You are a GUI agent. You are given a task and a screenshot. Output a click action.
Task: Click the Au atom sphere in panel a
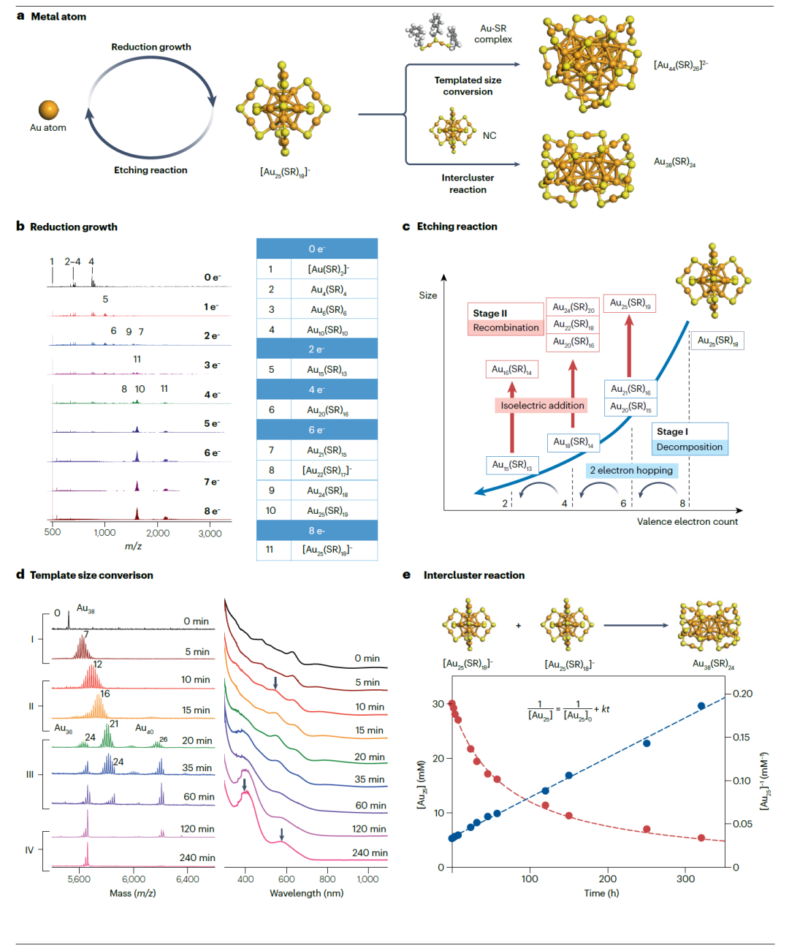[x=49, y=110]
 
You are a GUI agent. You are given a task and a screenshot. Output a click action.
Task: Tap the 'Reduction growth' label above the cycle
[x=151, y=47]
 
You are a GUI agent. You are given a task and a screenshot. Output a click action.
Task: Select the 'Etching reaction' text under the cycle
[x=150, y=170]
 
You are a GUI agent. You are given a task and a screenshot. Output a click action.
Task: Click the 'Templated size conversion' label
[x=468, y=86]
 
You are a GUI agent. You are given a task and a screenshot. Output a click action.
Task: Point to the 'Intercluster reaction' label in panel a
[x=468, y=183]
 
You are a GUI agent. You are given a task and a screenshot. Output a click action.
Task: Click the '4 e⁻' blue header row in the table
[x=317, y=390]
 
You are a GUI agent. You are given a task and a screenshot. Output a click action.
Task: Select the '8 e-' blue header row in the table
[x=317, y=531]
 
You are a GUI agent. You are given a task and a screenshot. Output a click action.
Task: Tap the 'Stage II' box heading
[x=489, y=313]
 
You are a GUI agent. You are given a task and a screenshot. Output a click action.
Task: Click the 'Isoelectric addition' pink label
[x=542, y=406]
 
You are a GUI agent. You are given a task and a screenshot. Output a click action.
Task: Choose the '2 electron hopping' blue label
[x=631, y=471]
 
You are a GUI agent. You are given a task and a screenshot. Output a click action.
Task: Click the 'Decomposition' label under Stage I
[x=689, y=447]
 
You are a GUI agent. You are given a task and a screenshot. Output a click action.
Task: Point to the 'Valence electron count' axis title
[x=687, y=521]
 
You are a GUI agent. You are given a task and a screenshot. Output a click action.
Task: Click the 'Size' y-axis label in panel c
[x=428, y=295]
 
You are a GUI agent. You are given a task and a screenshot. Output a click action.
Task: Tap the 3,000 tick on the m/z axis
[x=210, y=533]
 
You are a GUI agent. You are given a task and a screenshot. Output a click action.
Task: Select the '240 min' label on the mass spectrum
[x=197, y=857]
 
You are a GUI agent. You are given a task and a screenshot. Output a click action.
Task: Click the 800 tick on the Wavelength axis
[x=327, y=879]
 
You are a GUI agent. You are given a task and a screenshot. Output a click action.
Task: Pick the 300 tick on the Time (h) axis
[x=685, y=879]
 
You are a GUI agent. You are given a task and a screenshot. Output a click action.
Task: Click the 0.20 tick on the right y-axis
[x=742, y=694]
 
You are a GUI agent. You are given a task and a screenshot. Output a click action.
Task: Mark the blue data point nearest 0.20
[x=701, y=706]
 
